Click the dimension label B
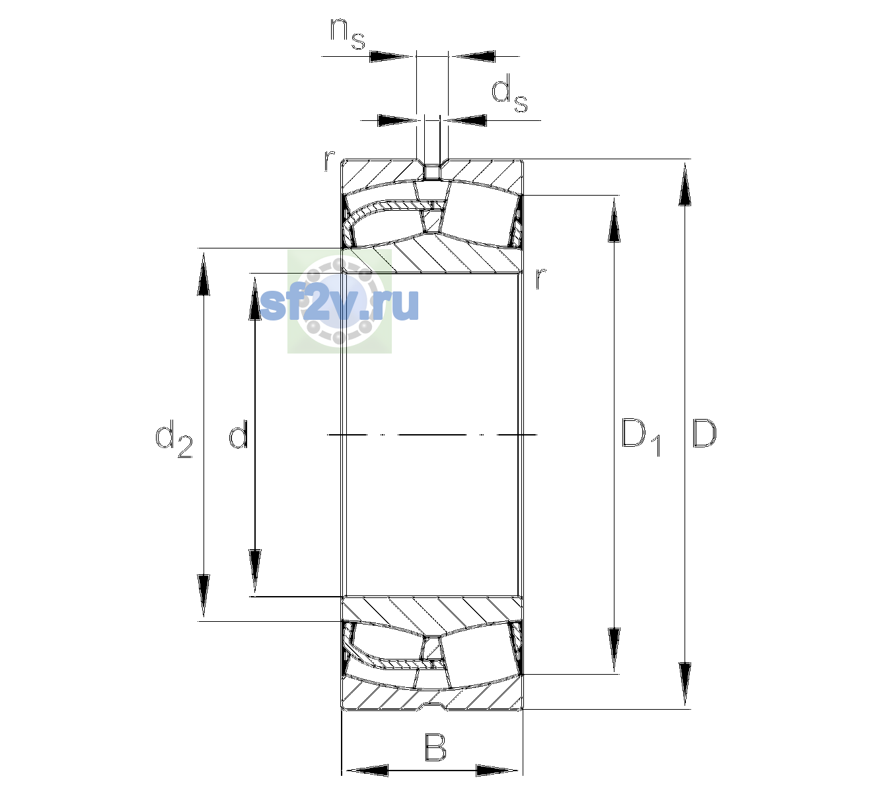point(435,747)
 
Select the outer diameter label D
point(704,434)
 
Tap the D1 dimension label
point(641,437)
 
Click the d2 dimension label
point(174,438)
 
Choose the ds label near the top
point(509,93)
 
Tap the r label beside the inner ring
point(540,278)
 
